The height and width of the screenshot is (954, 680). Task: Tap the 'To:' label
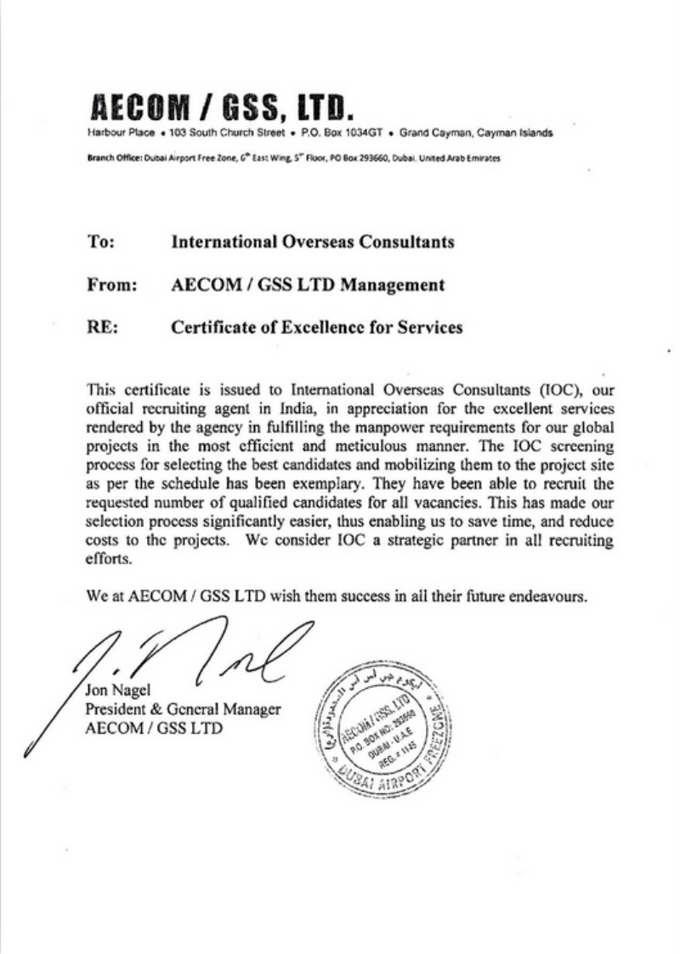[x=102, y=242]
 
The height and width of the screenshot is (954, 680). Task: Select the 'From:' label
[x=113, y=286]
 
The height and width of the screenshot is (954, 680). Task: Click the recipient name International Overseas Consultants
[x=312, y=242]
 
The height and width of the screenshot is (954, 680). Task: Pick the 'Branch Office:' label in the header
[x=114, y=159]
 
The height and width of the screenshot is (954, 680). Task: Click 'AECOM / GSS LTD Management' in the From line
[x=308, y=286]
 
